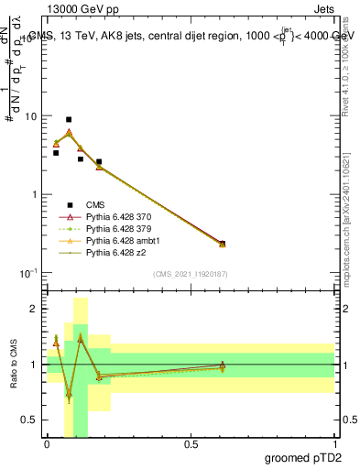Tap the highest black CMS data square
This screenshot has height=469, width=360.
pyautogui.click(x=69, y=120)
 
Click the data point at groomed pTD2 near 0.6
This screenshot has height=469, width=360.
pyautogui.click(x=223, y=244)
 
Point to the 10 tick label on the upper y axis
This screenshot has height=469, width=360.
pyautogui.click(x=31, y=117)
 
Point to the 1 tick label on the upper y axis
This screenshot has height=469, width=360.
pyautogui.click(x=35, y=195)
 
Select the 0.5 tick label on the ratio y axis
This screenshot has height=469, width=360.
pyautogui.click(x=31, y=420)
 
